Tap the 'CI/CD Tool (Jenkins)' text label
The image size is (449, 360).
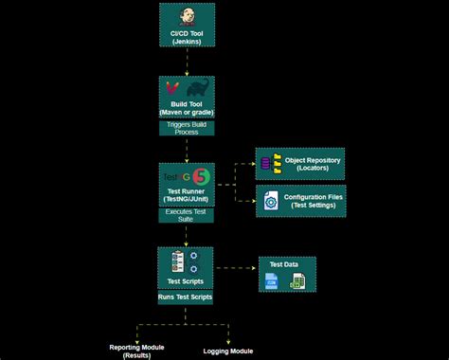(x=186, y=39)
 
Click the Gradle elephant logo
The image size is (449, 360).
(x=200, y=91)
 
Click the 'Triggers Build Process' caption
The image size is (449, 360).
(x=186, y=128)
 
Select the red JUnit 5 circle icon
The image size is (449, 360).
(x=201, y=176)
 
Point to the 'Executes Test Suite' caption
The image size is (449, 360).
(x=186, y=214)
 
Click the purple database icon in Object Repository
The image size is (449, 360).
(x=266, y=163)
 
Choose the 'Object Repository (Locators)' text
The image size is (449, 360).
(x=313, y=164)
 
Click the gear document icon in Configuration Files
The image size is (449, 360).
(x=270, y=202)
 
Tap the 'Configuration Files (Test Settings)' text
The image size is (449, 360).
(x=313, y=201)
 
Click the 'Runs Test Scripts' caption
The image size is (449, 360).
(x=186, y=297)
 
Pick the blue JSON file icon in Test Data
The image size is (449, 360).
(x=273, y=280)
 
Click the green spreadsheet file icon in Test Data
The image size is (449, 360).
(x=297, y=280)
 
